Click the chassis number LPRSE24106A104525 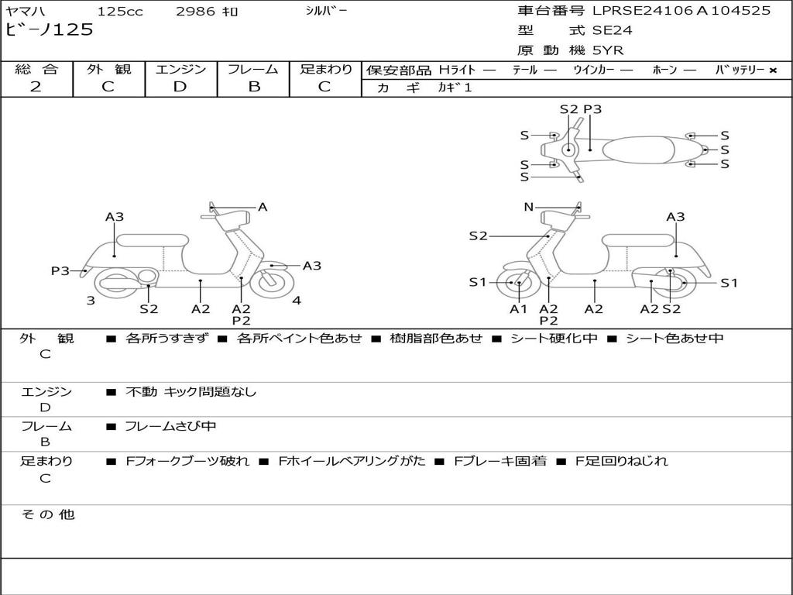681,10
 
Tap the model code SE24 612,30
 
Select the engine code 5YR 608,50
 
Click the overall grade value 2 36,87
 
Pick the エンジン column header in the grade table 180,69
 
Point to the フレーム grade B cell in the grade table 254,87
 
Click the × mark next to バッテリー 773,71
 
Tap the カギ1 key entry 455,88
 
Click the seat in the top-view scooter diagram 638,150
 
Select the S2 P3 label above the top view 581,109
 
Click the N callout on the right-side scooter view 528,206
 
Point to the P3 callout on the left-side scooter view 60,270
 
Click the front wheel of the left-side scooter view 273,282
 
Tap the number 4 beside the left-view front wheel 297,301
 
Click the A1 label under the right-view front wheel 518,308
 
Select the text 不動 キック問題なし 191,391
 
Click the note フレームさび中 170,426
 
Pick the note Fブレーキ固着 500,461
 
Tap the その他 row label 48,514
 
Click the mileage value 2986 195,11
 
